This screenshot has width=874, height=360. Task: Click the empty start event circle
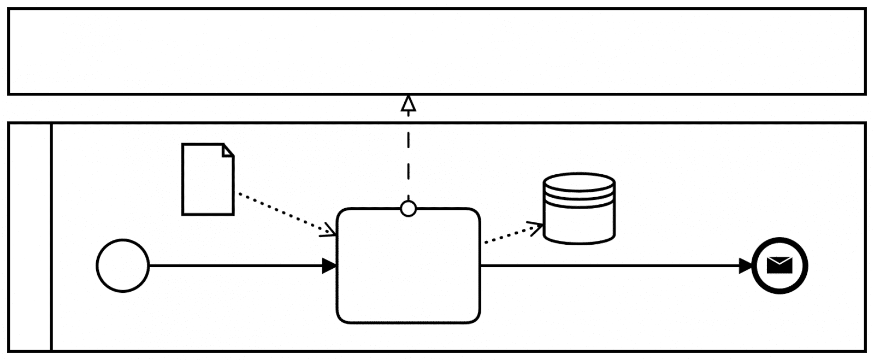[122, 265]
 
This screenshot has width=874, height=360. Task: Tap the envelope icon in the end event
[779, 265]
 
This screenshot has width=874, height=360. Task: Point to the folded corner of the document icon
[228, 150]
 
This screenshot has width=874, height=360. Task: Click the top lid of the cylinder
[579, 182]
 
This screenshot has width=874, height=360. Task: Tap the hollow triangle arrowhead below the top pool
[408, 103]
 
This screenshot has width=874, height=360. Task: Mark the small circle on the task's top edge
[408, 209]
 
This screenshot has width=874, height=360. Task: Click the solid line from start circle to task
[235, 266]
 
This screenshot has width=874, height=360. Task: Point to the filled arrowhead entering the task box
[329, 266]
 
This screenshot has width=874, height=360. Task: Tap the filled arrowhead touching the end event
[746, 266]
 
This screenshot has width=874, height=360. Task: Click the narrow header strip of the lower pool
[30, 237]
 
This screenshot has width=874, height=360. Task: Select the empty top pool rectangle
[437, 51]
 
